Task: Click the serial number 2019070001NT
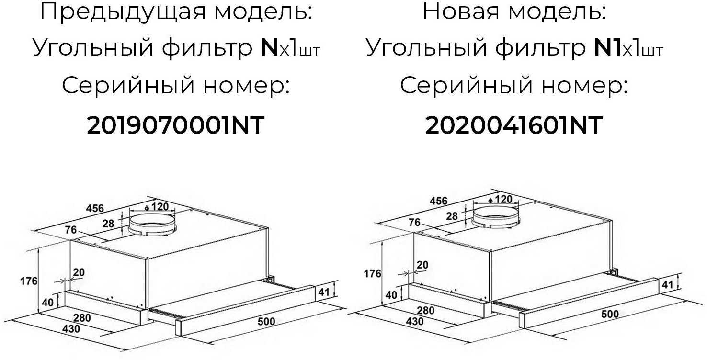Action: click(x=175, y=126)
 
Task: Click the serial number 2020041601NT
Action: click(x=513, y=126)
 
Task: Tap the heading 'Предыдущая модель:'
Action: click(x=176, y=11)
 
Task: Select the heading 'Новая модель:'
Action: click(x=514, y=11)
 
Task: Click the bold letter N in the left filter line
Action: click(x=270, y=48)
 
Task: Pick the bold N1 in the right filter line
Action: click(x=607, y=48)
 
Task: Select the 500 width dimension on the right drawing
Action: click(x=609, y=314)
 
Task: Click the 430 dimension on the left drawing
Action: click(x=71, y=329)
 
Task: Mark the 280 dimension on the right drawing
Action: click(x=425, y=310)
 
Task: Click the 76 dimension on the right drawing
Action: click(x=414, y=223)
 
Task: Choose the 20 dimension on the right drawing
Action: click(x=422, y=265)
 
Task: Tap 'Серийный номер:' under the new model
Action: click(x=514, y=86)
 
